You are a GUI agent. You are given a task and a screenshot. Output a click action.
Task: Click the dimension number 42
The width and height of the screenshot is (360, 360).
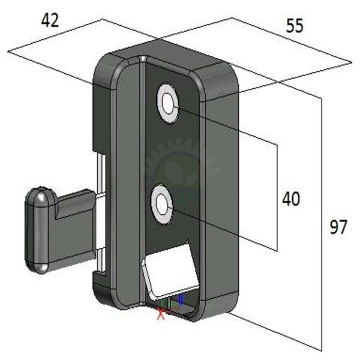click(50, 20)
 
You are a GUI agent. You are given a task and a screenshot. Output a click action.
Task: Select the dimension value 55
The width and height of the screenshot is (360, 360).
click(295, 25)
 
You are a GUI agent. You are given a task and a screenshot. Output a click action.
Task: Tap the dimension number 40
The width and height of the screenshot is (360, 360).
click(291, 199)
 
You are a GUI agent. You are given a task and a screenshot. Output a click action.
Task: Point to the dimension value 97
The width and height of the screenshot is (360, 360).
click(338, 227)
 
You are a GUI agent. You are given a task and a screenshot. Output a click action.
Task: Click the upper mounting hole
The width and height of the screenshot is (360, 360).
click(168, 104)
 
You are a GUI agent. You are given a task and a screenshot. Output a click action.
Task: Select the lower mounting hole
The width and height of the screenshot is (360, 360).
click(162, 204)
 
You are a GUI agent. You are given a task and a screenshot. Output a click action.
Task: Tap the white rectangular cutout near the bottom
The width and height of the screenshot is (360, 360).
click(170, 271)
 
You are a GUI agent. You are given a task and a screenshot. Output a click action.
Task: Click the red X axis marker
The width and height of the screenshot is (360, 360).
click(161, 314)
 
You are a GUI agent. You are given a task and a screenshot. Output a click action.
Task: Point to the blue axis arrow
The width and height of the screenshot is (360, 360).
click(181, 299)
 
